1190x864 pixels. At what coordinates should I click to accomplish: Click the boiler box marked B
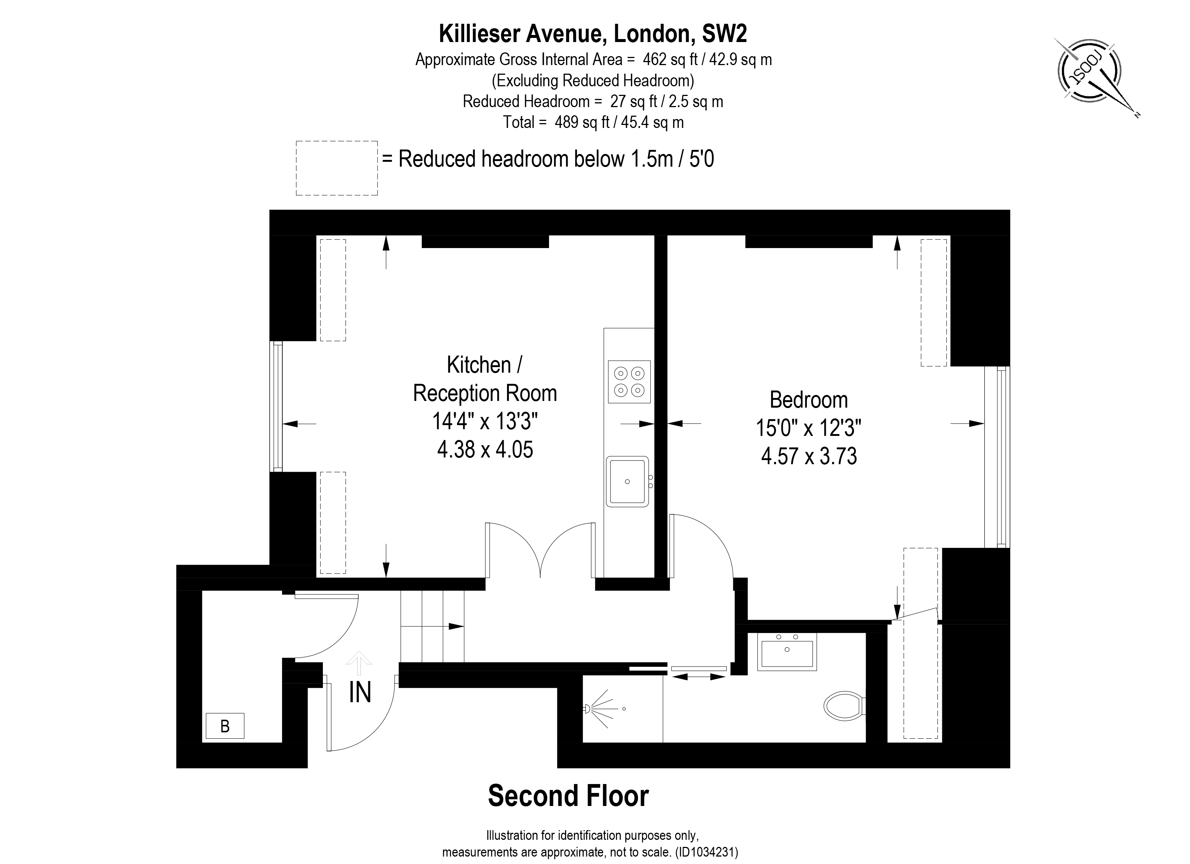pyautogui.click(x=225, y=726)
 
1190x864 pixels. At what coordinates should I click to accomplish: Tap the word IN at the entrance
pyautogui.click(x=360, y=693)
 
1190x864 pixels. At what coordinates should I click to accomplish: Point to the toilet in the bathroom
pyautogui.click(x=844, y=706)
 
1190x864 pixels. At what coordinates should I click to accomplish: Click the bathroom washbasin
pyautogui.click(x=786, y=652)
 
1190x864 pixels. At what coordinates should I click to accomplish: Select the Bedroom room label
pyautogui.click(x=809, y=400)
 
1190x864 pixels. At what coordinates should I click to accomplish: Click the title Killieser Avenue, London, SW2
pyautogui.click(x=593, y=33)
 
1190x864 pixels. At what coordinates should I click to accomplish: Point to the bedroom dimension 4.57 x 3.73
pyautogui.click(x=809, y=456)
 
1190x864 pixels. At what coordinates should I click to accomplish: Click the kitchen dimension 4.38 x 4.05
pyautogui.click(x=485, y=450)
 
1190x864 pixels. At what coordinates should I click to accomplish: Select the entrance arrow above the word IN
pyautogui.click(x=359, y=662)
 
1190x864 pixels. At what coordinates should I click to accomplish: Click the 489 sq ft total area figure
pyautogui.click(x=582, y=122)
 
